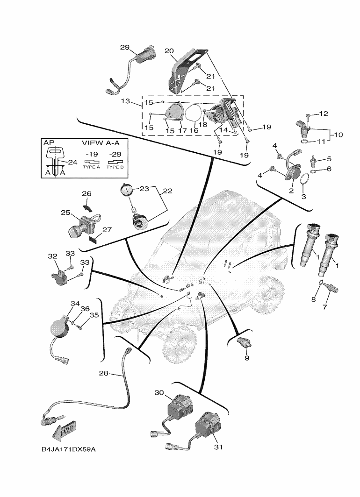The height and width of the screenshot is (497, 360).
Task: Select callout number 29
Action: (x=124, y=48)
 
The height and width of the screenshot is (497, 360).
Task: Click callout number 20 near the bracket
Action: (x=169, y=50)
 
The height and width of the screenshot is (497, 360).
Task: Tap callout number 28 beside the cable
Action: (x=104, y=373)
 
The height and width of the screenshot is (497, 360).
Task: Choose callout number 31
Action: (x=218, y=447)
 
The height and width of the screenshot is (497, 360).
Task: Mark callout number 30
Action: (x=159, y=393)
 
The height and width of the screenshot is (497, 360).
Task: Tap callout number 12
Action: (x=324, y=114)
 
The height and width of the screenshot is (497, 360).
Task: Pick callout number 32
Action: (x=52, y=256)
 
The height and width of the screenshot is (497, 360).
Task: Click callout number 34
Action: (x=75, y=303)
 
